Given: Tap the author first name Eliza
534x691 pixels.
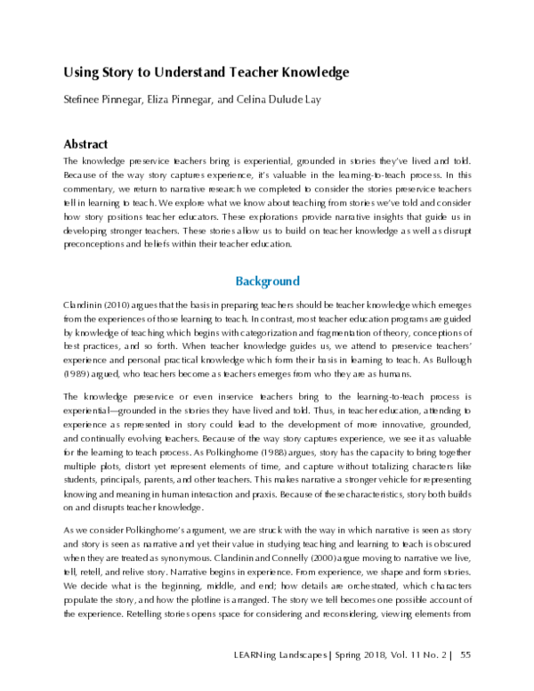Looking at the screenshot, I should [174, 102].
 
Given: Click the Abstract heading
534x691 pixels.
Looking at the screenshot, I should [86, 143].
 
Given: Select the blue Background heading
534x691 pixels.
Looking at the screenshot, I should [267, 281].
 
